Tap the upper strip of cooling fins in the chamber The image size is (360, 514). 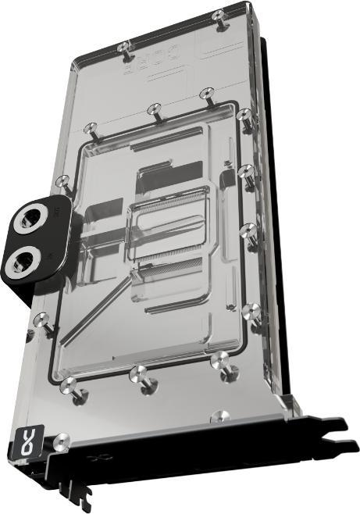tap(173, 204)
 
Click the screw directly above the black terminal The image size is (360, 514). tap(64, 183)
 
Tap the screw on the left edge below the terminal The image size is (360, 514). tap(42, 319)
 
